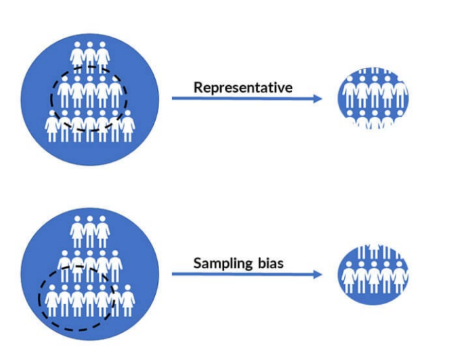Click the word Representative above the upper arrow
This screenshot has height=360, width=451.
(x=243, y=87)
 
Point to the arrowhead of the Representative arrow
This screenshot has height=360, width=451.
(x=318, y=99)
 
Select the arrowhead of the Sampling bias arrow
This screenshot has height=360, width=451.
(x=318, y=274)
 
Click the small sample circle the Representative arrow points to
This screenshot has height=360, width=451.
(x=373, y=99)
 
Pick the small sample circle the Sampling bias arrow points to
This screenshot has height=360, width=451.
(x=373, y=275)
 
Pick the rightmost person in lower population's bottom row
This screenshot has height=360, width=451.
(x=128, y=301)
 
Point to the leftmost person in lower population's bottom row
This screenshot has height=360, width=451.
(x=52, y=301)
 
